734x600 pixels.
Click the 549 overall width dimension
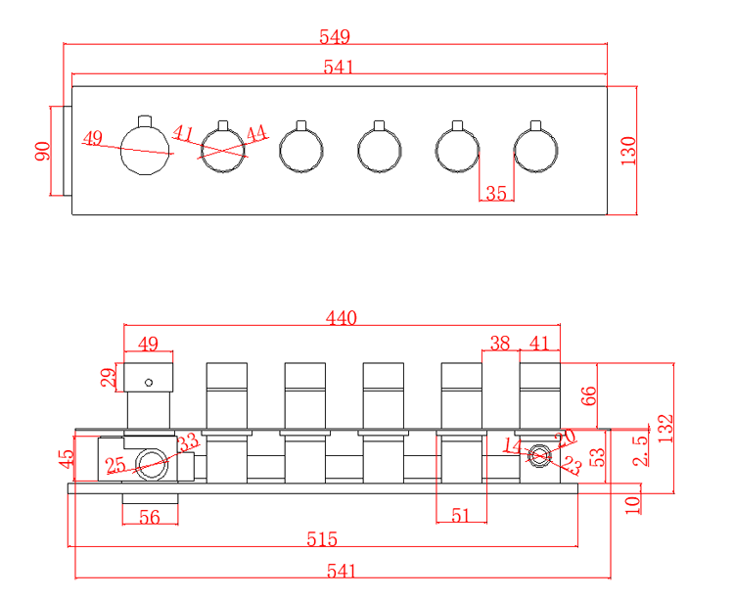[335, 36]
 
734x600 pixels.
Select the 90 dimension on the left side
[42, 151]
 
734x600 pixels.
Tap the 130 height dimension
[628, 150]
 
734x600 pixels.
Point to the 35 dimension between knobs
[496, 193]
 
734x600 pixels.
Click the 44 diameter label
[256, 134]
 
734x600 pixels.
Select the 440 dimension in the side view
[342, 317]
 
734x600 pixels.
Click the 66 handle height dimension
[588, 395]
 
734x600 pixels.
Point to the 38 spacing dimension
[500, 343]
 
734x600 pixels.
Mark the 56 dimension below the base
[150, 517]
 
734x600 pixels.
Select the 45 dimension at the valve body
[66, 458]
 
